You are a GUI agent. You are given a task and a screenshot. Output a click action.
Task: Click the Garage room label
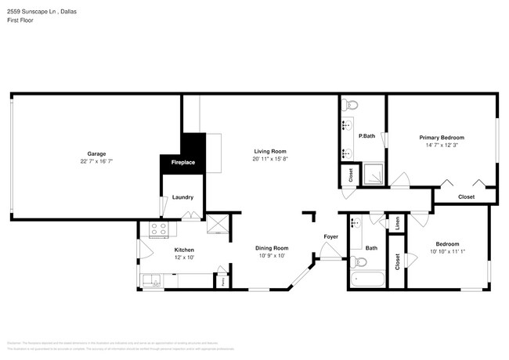[x=96, y=153]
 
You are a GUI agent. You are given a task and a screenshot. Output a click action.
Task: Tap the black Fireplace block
[x=183, y=161]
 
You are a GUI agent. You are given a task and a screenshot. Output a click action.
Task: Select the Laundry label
[x=182, y=197]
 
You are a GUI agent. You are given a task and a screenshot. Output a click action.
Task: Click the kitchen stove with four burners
[x=159, y=229]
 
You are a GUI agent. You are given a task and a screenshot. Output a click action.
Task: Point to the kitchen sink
[x=150, y=279]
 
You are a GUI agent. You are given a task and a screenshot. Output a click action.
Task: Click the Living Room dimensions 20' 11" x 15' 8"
[x=269, y=159]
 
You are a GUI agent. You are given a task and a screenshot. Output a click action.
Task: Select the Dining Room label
[x=272, y=248]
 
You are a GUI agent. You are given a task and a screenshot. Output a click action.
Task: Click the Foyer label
[x=331, y=236]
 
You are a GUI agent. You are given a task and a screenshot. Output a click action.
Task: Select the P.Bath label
[x=366, y=135]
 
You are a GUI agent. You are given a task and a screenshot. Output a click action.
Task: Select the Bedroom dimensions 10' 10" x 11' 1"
[x=447, y=251]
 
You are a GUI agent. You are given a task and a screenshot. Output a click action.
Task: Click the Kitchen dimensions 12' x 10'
[x=184, y=257]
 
